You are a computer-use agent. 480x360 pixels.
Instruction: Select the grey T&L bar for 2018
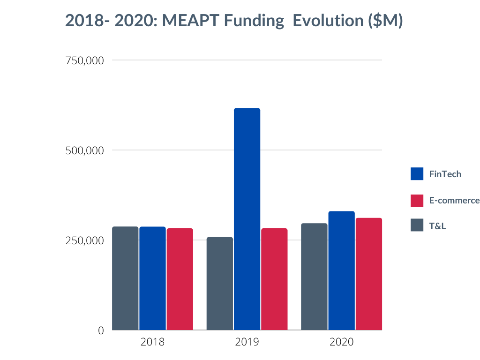coord(125,278)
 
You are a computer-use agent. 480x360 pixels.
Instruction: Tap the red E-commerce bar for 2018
coord(180,279)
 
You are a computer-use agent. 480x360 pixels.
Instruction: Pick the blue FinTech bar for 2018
coord(152,278)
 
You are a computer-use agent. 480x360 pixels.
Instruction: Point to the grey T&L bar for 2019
coord(220,284)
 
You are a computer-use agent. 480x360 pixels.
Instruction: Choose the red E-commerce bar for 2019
coord(274,279)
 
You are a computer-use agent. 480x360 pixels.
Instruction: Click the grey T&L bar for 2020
coord(314,277)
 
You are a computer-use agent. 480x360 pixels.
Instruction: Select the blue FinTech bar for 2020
coord(341,270)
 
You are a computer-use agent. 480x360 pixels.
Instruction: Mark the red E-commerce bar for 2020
coord(369,274)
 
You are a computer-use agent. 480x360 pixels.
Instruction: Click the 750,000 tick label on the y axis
coord(84,60)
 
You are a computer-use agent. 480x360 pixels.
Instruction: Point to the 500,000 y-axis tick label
coord(84,150)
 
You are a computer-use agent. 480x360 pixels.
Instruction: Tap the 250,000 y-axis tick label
coord(84,240)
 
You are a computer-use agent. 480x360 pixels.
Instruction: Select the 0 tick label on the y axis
coord(101,330)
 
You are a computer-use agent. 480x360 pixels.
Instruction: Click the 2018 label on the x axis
coord(152,342)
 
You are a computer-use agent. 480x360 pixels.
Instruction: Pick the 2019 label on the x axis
coord(247,342)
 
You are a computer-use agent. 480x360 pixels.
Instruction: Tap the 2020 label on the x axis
coord(341,342)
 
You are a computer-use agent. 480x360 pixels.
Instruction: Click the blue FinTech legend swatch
coord(417,174)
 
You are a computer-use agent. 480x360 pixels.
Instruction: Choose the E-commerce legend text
coord(454,201)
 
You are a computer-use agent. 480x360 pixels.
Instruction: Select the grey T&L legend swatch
coord(417,225)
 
